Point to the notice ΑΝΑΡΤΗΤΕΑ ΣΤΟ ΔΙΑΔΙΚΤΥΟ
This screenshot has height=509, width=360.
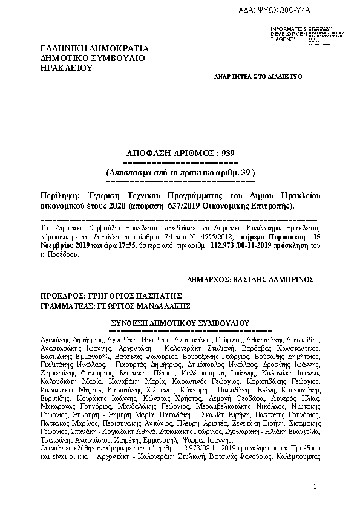pyautogui.click(x=258, y=77)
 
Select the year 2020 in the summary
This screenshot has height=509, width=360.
pyautogui.click(x=97, y=206)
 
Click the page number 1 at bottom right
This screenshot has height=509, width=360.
pyautogui.click(x=315, y=487)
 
